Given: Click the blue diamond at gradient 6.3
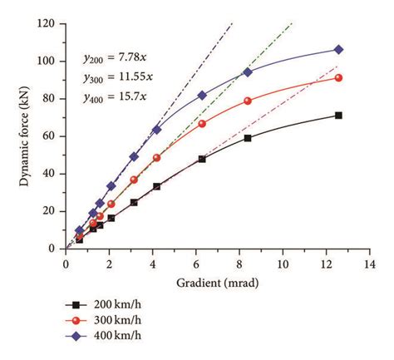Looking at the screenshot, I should pos(202,95).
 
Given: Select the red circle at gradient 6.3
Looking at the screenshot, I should pos(202,124).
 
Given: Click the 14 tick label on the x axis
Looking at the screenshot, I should pos(370,264).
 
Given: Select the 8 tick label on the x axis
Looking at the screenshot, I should pos(239,264).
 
